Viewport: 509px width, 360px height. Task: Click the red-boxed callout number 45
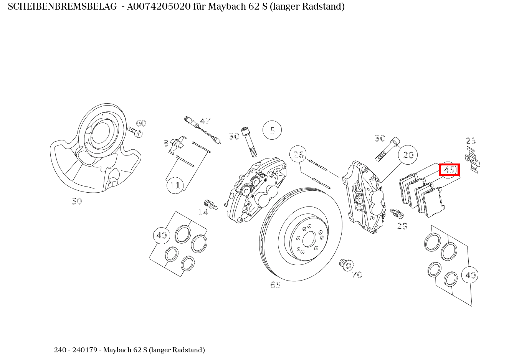click(x=449, y=170)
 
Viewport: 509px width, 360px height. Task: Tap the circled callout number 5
click(x=272, y=130)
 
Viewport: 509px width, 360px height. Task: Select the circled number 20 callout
click(x=408, y=155)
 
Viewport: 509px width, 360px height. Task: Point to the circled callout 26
click(x=299, y=155)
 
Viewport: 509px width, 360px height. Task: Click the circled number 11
click(x=175, y=185)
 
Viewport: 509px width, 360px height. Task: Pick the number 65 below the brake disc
click(x=275, y=285)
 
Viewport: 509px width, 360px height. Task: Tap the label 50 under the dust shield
click(x=77, y=201)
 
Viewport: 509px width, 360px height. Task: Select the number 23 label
click(x=471, y=141)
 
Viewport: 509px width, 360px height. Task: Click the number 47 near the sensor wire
click(x=205, y=121)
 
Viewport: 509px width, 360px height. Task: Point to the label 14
click(x=203, y=212)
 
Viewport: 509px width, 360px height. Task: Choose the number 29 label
click(x=402, y=226)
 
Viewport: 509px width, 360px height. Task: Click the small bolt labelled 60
click(x=135, y=132)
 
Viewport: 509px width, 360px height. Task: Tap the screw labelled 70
click(x=346, y=264)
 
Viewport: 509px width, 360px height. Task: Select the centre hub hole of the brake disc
click(x=309, y=240)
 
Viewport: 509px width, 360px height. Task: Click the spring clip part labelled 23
click(x=472, y=159)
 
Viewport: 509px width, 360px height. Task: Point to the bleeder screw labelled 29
click(x=395, y=213)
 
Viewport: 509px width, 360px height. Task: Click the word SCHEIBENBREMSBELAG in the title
click(x=62, y=7)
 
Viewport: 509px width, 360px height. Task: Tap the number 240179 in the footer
click(x=85, y=350)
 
